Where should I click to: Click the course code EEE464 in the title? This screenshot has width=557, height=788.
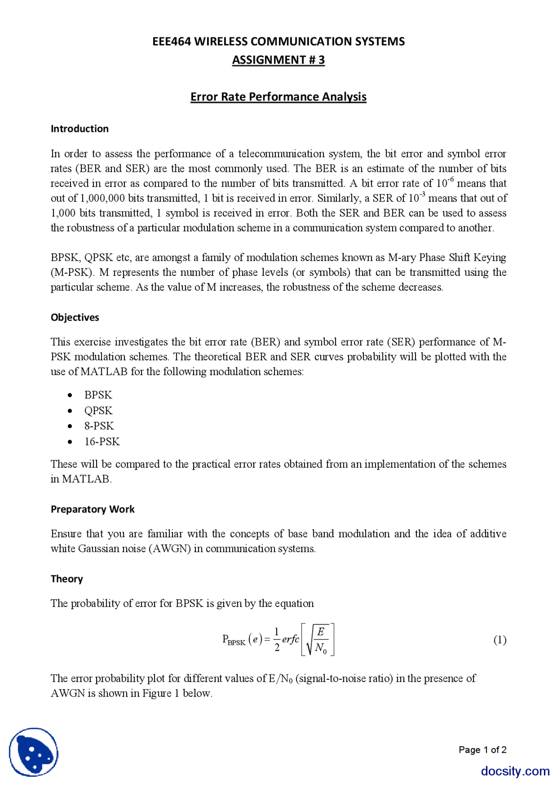click(171, 41)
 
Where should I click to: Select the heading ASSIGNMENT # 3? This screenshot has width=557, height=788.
click(278, 60)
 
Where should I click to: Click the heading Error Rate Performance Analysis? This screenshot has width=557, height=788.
click(278, 97)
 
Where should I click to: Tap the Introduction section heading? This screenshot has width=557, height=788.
click(80, 129)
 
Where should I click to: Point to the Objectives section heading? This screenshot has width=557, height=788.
click(75, 317)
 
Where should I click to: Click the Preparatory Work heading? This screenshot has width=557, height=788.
click(93, 509)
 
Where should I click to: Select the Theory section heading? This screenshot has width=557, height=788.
click(67, 579)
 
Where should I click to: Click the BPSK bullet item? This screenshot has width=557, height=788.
click(98, 395)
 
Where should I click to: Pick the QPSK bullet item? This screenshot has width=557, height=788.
click(98, 410)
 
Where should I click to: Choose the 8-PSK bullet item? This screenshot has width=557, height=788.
click(99, 426)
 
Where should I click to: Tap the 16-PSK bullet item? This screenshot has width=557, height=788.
click(102, 441)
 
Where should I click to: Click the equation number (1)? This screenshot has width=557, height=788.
click(500, 640)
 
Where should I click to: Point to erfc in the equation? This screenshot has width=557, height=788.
click(290, 639)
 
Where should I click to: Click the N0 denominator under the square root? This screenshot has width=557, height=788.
click(321, 648)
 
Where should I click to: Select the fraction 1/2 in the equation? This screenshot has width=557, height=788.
click(277, 639)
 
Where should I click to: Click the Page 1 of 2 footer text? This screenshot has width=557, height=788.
click(482, 750)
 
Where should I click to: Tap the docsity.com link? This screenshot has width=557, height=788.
click(515, 771)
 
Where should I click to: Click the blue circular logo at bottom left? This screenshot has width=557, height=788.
click(34, 752)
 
